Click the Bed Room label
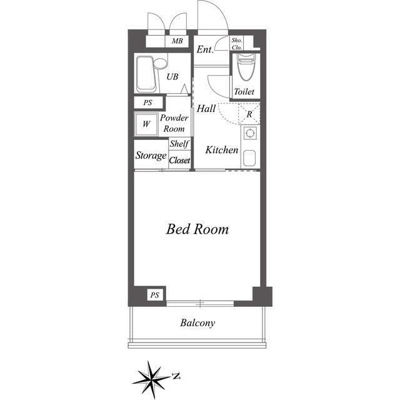(197, 229)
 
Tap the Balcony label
(197, 323)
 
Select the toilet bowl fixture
(246, 67)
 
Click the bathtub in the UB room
(146, 74)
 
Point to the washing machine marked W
(146, 124)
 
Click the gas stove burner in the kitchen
(250, 132)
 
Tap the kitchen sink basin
(249, 158)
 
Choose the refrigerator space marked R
(249, 114)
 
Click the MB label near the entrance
(177, 41)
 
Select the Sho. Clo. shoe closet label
(237, 44)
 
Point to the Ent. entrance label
(205, 49)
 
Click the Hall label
(206, 108)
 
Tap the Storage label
(151, 156)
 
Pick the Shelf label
(179, 144)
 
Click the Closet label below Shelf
(179, 160)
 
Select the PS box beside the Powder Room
(148, 102)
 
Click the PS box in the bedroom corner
(155, 295)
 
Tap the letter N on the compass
(176, 376)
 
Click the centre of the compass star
(152, 379)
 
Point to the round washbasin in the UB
(160, 63)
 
